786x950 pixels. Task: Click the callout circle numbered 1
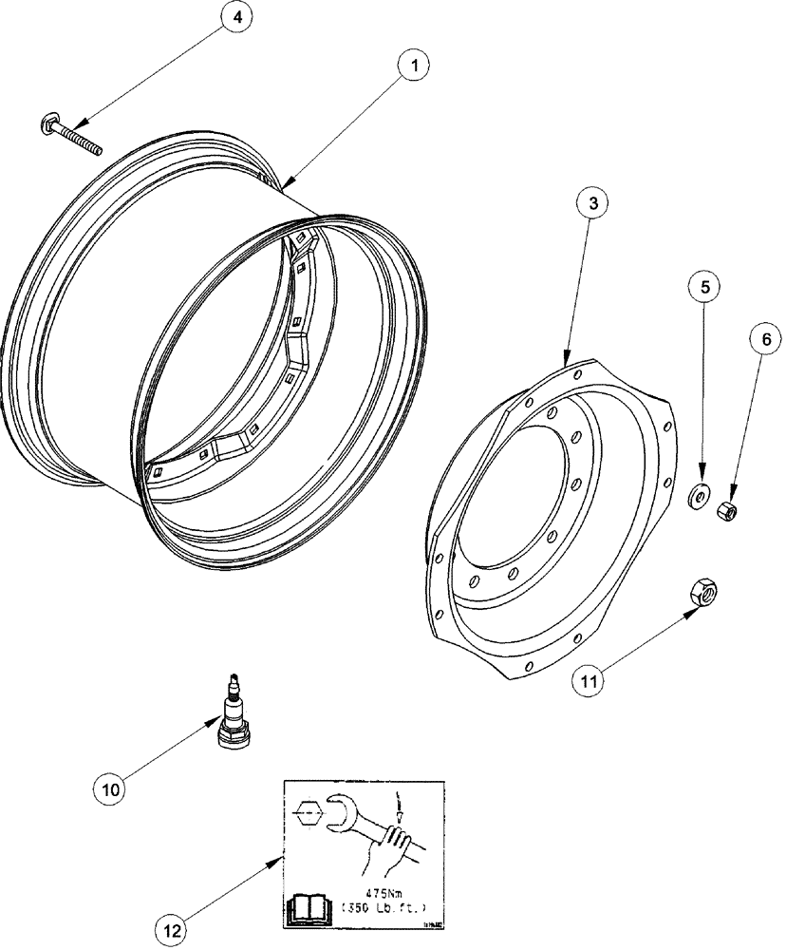click(411, 67)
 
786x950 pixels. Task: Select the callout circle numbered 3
click(592, 204)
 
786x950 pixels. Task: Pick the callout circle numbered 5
click(703, 286)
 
